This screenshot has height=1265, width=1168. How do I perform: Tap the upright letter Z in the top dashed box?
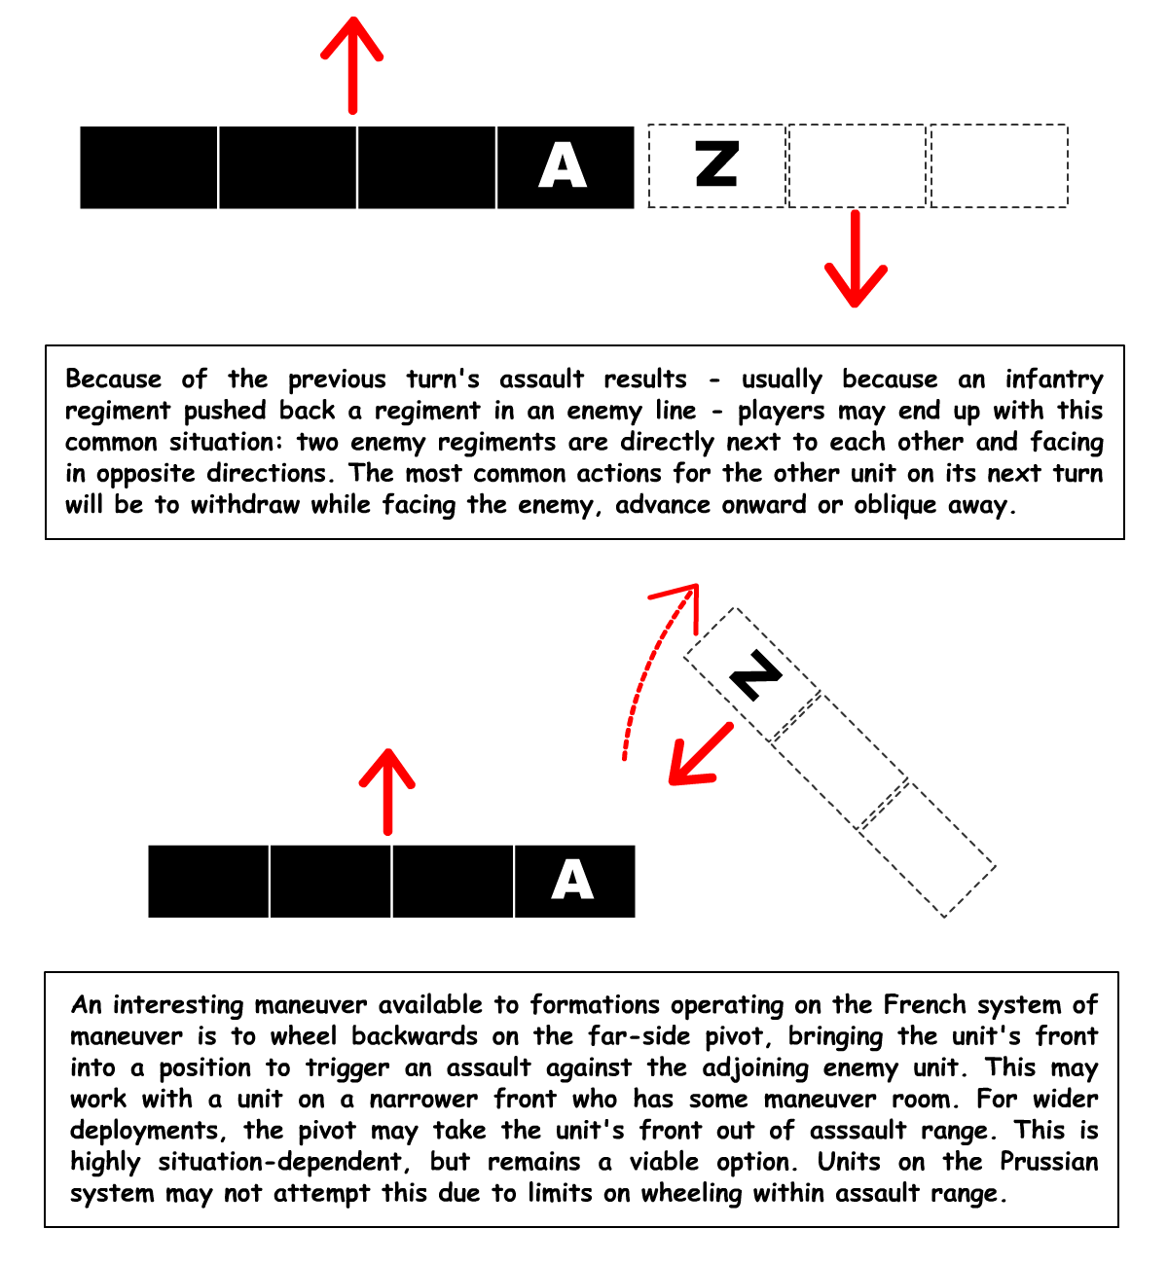pos(716,164)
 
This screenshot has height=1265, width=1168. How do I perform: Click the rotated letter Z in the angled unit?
pos(755,675)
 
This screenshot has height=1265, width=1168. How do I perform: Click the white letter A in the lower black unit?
pos(572,881)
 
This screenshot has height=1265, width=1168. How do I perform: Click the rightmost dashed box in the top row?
pos(999,165)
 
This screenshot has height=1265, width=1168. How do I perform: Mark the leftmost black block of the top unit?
pos(149,166)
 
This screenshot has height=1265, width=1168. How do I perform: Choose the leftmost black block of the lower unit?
pos(208,881)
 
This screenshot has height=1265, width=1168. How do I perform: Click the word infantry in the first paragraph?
pos(1054,379)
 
